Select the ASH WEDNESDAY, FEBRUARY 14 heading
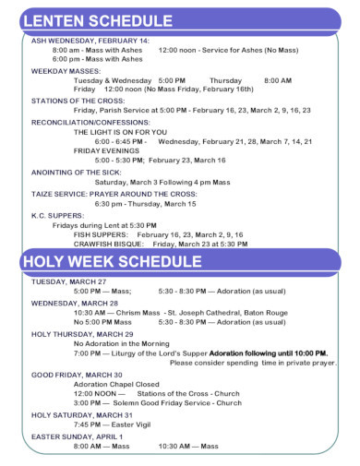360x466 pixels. (90, 42)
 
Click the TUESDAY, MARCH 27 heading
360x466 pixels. (69, 281)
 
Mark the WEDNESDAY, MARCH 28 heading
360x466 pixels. (75, 303)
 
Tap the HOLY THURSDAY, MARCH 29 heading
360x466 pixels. (82, 334)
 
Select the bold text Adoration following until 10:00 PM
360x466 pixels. (268, 353)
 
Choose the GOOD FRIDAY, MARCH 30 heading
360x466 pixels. (79, 375)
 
